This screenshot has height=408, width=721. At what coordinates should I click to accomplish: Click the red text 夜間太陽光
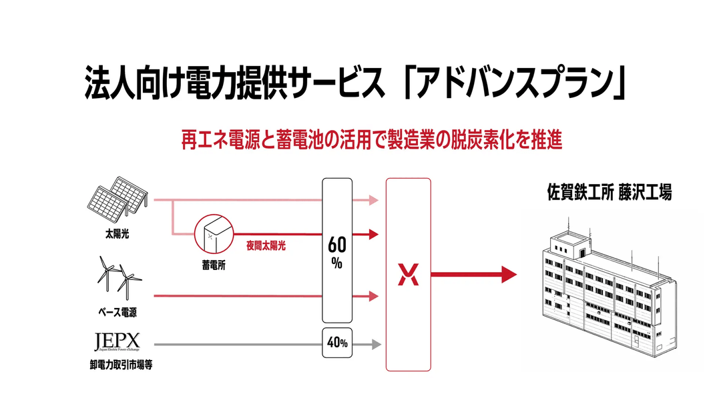point(265,244)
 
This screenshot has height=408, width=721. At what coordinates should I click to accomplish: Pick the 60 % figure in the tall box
point(336,252)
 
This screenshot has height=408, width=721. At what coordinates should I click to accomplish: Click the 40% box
point(336,343)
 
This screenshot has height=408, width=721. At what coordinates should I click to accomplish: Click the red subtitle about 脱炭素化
point(372,141)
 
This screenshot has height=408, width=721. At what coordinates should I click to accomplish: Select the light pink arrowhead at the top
point(374,199)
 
